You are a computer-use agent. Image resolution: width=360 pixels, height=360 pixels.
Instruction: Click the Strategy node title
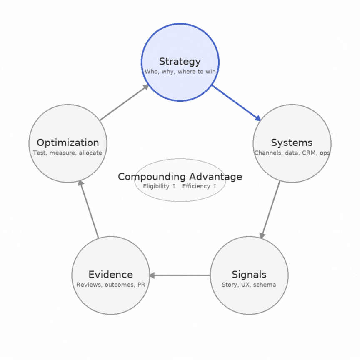pyautogui.click(x=180, y=62)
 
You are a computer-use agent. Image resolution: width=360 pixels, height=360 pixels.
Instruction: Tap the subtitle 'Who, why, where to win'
pyautogui.click(x=180, y=72)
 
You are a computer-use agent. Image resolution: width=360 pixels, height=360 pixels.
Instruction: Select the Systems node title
pyautogui.click(x=292, y=142)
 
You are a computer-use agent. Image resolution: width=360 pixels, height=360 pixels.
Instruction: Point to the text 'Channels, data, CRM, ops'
pyautogui.click(x=292, y=153)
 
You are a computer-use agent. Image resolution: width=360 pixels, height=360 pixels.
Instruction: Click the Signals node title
pyautogui.click(x=249, y=275)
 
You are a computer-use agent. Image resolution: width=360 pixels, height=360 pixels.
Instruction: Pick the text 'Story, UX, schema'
pyautogui.click(x=249, y=285)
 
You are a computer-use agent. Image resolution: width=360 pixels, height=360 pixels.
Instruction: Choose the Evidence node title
pyautogui.click(x=110, y=275)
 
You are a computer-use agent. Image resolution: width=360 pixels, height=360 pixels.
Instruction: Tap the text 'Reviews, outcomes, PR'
pyautogui.click(x=110, y=285)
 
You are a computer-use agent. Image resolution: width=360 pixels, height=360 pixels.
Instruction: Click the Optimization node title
pyautogui.click(x=67, y=142)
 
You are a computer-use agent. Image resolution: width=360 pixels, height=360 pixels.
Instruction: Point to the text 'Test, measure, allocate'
pyautogui.click(x=67, y=153)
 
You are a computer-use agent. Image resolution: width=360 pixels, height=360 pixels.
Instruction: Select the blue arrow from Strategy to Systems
pyautogui.click(x=236, y=102)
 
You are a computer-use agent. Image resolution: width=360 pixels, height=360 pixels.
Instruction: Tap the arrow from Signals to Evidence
pyautogui.click(x=180, y=275)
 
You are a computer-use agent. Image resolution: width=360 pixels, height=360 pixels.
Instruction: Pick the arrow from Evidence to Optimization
pyautogui.click(x=89, y=210)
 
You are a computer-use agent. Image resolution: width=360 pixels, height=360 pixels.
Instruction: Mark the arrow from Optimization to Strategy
pyautogui.click(x=124, y=102)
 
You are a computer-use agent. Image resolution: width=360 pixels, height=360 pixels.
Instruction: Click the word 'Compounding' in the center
pyautogui.click(x=151, y=177)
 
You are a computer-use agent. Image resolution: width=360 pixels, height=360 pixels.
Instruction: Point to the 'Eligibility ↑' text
pyautogui.click(x=159, y=186)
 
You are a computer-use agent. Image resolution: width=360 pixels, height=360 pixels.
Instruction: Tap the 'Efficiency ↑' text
pyautogui.click(x=200, y=186)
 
